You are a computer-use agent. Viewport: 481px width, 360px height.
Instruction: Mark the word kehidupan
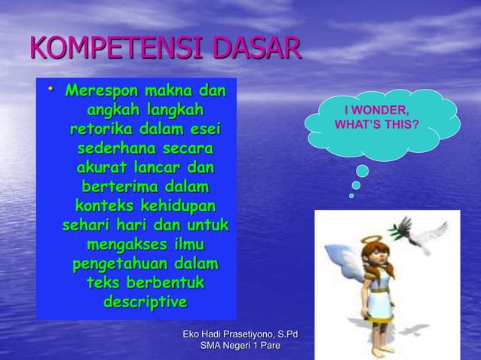click(x=178, y=205)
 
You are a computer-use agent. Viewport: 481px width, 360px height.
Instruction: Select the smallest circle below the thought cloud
click(x=351, y=196)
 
